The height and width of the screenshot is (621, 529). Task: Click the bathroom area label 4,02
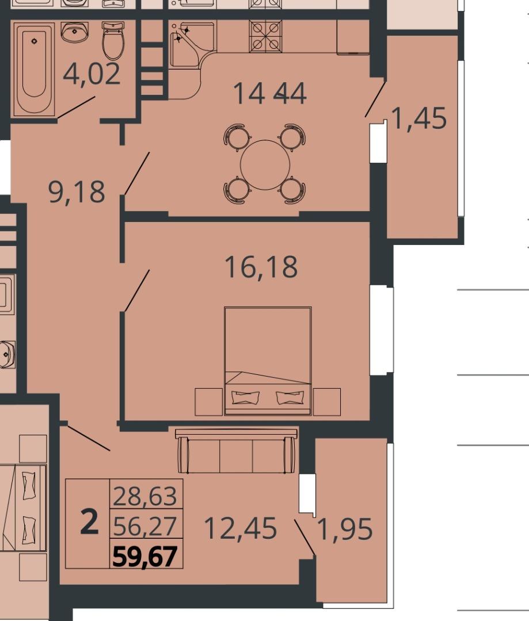tap(92, 74)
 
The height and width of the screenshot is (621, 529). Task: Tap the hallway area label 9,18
tap(77, 191)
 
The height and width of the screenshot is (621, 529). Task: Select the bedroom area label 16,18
tap(261, 267)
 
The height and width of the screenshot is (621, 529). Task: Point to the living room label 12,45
tap(240, 528)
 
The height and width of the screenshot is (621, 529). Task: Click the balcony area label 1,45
tap(419, 118)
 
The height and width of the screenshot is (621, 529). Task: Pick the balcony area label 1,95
tap(345, 529)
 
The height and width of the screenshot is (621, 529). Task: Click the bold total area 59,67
tap(145, 557)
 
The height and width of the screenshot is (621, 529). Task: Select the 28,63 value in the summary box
tap(145, 496)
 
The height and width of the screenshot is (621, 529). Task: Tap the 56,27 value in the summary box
tap(145, 526)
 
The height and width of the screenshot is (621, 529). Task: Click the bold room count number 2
tap(89, 522)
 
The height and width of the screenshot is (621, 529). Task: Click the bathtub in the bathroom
tap(34, 70)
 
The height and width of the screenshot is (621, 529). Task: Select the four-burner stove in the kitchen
tap(265, 36)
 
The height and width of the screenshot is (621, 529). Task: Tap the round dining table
tap(265, 165)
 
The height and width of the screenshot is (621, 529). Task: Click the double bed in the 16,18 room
tap(268, 361)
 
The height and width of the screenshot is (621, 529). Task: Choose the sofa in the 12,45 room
tap(237, 451)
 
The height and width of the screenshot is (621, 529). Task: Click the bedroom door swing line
tap(137, 291)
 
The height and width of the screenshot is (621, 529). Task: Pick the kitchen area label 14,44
tap(269, 94)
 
